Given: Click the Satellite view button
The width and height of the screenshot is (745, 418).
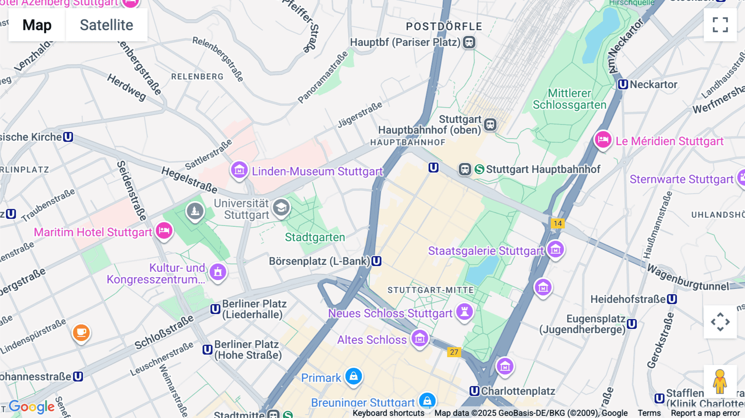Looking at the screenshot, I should (106, 25).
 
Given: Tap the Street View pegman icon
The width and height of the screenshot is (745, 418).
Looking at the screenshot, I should (720, 382).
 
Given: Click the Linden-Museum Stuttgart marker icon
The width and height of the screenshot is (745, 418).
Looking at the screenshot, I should (239, 170).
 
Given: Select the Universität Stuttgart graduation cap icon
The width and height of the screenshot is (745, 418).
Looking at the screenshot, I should (281, 207).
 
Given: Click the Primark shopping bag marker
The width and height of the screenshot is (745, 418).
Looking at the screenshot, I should (353, 377).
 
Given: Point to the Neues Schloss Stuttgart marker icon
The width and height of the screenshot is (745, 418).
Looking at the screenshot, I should (464, 312).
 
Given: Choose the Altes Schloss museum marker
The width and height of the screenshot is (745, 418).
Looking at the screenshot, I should (420, 339).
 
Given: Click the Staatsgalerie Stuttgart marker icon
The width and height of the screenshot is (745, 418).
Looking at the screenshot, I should (555, 250).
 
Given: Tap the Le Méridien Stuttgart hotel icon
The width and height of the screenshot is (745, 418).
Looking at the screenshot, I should (603, 140).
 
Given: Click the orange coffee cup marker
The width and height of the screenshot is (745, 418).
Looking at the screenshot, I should (81, 332).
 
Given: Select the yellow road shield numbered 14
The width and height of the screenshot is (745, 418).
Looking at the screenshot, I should (558, 223).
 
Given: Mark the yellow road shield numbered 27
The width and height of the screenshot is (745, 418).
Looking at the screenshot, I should (454, 352).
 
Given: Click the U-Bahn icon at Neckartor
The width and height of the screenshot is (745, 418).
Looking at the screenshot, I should (623, 84).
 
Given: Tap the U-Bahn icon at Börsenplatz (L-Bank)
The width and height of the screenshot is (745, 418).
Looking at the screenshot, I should (376, 261).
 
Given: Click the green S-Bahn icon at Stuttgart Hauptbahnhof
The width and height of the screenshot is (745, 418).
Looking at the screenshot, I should (479, 169).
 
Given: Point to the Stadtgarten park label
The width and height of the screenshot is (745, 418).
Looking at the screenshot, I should (315, 238).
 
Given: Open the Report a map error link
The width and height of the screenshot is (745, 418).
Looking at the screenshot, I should (705, 413).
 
